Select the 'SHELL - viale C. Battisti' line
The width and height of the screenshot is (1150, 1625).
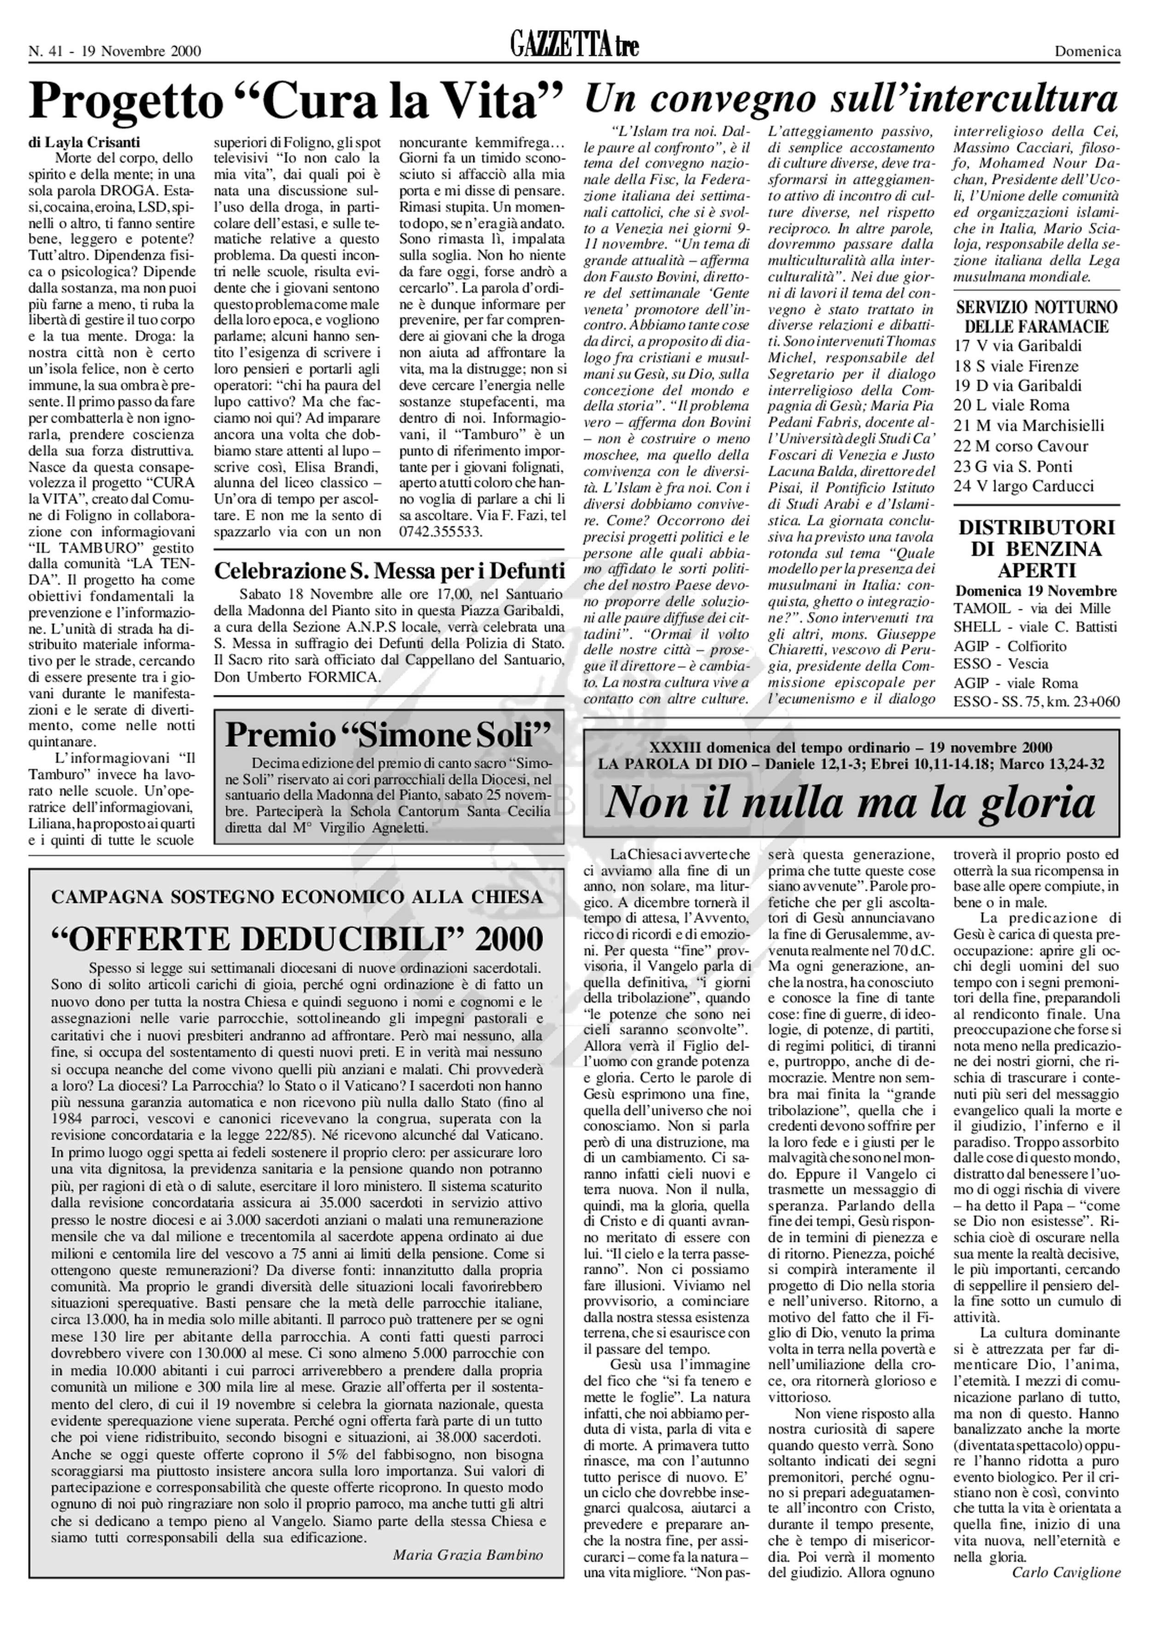[1035, 627]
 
